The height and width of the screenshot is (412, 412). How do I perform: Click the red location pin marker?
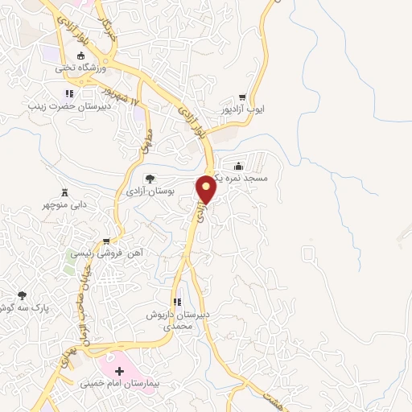[x=207, y=188]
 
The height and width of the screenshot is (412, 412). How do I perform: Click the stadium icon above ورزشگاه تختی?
[x=80, y=56]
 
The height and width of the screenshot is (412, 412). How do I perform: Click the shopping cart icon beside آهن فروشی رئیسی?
[x=106, y=241]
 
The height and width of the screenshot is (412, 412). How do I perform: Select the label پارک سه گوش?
[x=20, y=308]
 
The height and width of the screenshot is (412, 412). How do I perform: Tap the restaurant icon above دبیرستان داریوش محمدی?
[x=175, y=299]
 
